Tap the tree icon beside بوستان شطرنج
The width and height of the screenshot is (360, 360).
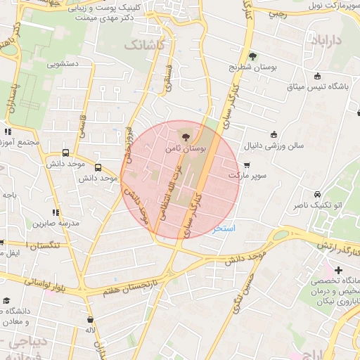coord(252,56)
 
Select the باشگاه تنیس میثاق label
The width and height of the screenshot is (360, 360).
coord(318,86)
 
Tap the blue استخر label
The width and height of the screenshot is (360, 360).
coord(224,229)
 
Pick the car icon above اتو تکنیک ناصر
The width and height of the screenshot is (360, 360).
coord(318,194)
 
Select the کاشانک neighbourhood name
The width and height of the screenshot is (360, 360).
coord(146,44)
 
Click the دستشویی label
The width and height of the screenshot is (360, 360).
coord(63,64)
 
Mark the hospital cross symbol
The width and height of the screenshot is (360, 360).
coord(338,270)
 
